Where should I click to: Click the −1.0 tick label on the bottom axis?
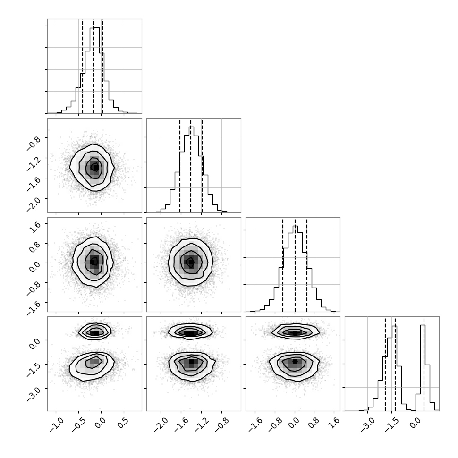(x=56, y=424)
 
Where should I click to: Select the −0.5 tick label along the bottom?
(x=79, y=424)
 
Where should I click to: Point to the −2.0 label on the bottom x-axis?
(x=161, y=424)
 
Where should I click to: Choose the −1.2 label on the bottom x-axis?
(x=202, y=424)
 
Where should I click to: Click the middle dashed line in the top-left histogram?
(x=93, y=66)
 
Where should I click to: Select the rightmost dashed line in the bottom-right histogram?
(x=424, y=364)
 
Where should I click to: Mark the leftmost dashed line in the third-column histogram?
(x=283, y=264)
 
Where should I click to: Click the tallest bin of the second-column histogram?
(x=191, y=170)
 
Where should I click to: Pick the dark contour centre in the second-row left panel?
(x=95, y=167)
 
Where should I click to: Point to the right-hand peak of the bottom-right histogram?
(x=423, y=367)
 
